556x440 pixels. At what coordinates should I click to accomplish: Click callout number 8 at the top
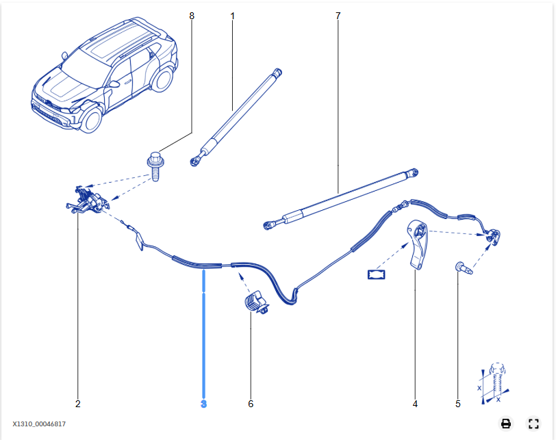click(192, 15)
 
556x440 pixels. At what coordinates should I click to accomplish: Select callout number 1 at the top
click(232, 15)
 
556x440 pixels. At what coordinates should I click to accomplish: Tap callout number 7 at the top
click(338, 15)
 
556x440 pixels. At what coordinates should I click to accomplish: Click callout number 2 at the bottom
click(77, 404)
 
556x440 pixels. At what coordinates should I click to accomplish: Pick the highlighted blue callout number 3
click(203, 404)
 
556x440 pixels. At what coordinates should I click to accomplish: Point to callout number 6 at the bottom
click(251, 404)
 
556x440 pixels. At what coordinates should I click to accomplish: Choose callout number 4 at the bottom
click(415, 404)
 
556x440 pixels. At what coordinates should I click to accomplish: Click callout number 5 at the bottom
click(458, 404)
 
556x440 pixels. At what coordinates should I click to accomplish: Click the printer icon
click(506, 424)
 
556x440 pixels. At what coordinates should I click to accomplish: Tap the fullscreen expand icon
click(534, 424)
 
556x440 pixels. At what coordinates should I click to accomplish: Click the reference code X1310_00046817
click(39, 424)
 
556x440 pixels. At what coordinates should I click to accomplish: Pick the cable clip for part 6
click(255, 302)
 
